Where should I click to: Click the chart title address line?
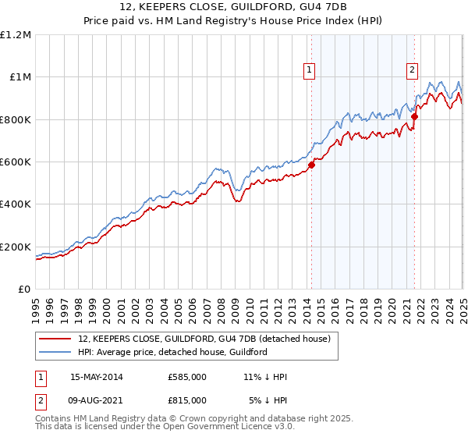point(233,9)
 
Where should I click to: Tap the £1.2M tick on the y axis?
point(16,35)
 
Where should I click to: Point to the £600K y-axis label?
point(16,162)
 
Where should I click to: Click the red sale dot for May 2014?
point(311,165)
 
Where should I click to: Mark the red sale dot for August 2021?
point(414,116)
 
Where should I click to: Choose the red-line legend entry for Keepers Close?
point(204,339)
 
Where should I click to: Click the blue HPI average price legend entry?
point(172,352)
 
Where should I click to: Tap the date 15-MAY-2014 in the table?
point(97,377)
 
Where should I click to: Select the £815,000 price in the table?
point(187,400)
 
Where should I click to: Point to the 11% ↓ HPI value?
point(265,377)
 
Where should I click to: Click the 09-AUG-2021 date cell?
point(97,400)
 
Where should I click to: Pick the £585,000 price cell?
point(187,377)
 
